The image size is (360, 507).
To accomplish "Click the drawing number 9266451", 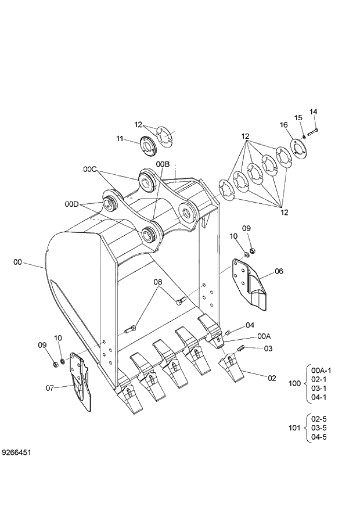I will tap(16, 451).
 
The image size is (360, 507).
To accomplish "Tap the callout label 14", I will tap(313, 112).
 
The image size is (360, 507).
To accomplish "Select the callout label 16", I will tap(283, 125).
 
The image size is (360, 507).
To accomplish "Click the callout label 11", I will tap(120, 138).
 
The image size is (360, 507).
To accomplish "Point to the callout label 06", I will tap(279, 271).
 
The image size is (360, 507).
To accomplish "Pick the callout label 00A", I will tap(264, 336).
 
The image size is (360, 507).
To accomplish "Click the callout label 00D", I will tap(72, 204).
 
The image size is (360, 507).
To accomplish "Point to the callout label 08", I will tap(157, 282).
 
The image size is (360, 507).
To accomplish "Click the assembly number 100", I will tap(294, 383).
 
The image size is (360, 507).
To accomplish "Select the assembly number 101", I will tap(294, 428).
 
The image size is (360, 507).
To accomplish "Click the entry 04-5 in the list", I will tap(319, 437).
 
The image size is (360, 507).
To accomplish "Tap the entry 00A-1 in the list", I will tap(321, 370).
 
